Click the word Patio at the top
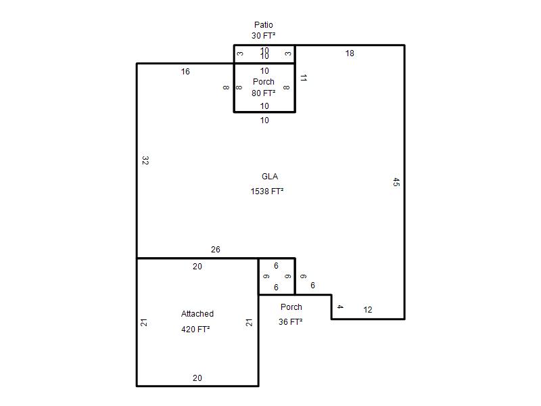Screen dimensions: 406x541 [264, 25]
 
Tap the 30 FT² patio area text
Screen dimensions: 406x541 [263, 36]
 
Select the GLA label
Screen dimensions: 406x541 [270, 177]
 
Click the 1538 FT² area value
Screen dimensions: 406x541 [266, 191]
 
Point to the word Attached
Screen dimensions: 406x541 [197, 314]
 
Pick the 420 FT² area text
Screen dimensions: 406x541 [195, 330]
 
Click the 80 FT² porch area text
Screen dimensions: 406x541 [264, 93]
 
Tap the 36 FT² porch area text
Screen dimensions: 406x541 [290, 322]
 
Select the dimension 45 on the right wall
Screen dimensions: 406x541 [396, 182]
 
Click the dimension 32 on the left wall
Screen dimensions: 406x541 [145, 160]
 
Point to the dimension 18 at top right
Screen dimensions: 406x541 [350, 53]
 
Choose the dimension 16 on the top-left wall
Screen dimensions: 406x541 [185, 72]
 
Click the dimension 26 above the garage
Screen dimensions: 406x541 [215, 250]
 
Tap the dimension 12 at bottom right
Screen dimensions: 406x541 [368, 310]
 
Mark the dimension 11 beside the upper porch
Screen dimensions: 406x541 [304, 78]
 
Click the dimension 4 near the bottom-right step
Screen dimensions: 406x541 [340, 307]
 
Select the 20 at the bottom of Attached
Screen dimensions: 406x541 [197, 378]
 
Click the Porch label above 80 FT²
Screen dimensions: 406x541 [264, 82]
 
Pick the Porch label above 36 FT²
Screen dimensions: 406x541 [291, 307]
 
